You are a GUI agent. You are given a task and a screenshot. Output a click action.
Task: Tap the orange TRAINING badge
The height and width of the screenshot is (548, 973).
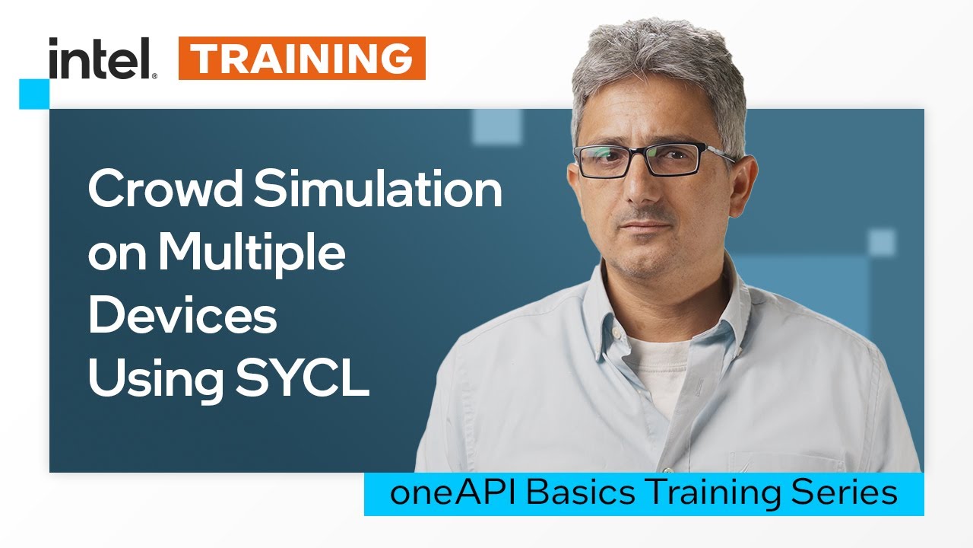tap(302, 59)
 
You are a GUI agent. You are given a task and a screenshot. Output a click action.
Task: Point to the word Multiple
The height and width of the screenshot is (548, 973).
tap(252, 256)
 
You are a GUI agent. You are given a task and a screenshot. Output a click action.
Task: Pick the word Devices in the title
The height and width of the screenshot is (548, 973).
tap(182, 317)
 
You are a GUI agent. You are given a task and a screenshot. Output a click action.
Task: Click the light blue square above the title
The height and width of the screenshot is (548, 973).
tap(496, 126)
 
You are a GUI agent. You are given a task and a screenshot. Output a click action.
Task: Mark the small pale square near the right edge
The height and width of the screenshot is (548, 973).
tap(882, 243)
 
